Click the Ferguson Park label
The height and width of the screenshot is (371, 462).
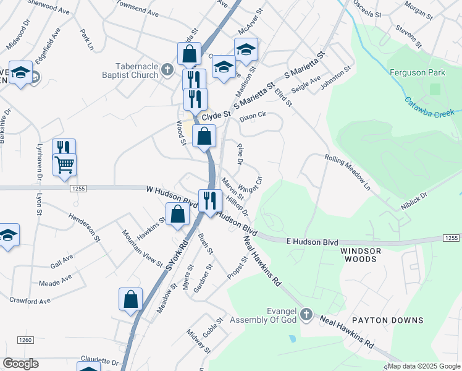point(418,72)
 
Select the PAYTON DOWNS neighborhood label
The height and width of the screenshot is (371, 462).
point(388,320)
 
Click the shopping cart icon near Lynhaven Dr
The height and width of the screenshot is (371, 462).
point(64,165)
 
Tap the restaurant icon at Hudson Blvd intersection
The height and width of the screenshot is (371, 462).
point(210,200)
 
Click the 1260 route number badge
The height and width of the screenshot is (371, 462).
point(25,339)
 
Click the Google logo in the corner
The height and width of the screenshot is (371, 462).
point(20,364)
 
